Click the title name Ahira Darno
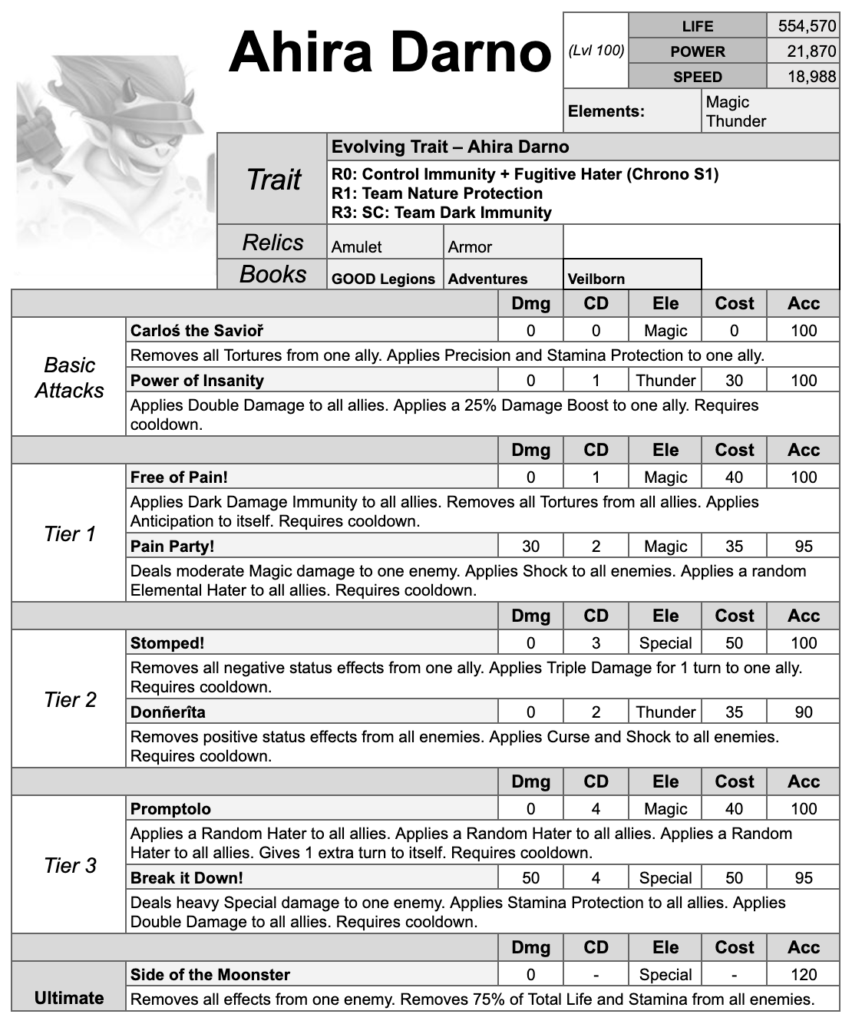click(390, 52)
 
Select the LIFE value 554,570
click(806, 26)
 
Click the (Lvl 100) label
click(596, 51)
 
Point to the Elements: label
click(606, 111)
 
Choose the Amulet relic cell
click(357, 247)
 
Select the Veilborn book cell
click(596, 279)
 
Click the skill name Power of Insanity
click(197, 381)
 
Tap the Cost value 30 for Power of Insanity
click(734, 381)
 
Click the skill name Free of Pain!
click(179, 477)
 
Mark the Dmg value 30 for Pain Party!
click(530, 547)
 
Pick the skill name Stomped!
click(167, 643)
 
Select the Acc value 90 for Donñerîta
click(803, 712)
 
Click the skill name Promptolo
click(170, 809)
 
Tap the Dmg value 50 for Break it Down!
click(530, 878)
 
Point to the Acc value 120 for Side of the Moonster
click(803, 975)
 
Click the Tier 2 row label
click(70, 700)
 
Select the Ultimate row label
click(69, 998)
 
